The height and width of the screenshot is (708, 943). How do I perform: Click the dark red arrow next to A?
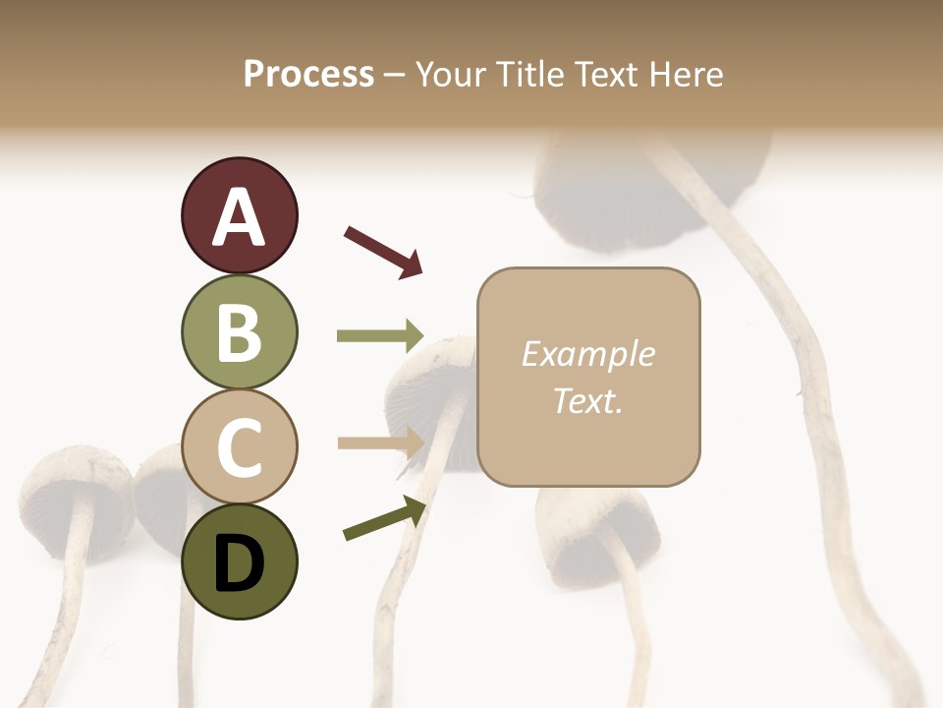click(x=383, y=250)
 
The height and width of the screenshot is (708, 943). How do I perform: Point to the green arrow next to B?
click(x=380, y=336)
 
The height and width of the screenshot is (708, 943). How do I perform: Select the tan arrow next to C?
click(x=380, y=442)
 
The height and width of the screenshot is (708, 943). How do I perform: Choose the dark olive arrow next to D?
click(x=384, y=519)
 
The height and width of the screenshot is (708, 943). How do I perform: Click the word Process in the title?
click(x=308, y=74)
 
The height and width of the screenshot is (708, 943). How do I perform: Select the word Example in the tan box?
click(x=587, y=354)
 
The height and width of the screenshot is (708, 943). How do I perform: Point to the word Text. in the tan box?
click(x=587, y=400)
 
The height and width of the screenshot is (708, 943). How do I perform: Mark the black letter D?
click(x=239, y=563)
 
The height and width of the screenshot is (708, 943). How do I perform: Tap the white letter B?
click(x=239, y=332)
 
